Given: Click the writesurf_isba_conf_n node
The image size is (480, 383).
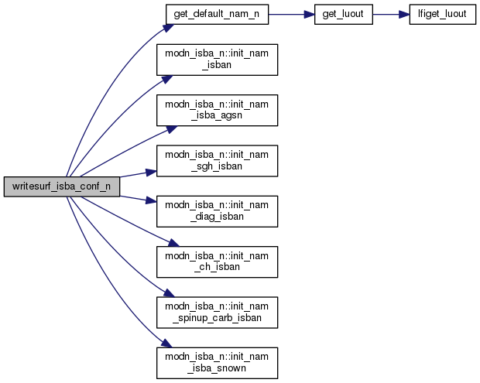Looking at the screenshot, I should [x=61, y=186].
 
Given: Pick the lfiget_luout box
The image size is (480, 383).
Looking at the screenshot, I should [x=441, y=15].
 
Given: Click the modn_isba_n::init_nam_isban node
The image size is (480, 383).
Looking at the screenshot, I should [x=217, y=60].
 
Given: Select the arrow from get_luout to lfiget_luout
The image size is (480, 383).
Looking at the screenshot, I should [x=392, y=15].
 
